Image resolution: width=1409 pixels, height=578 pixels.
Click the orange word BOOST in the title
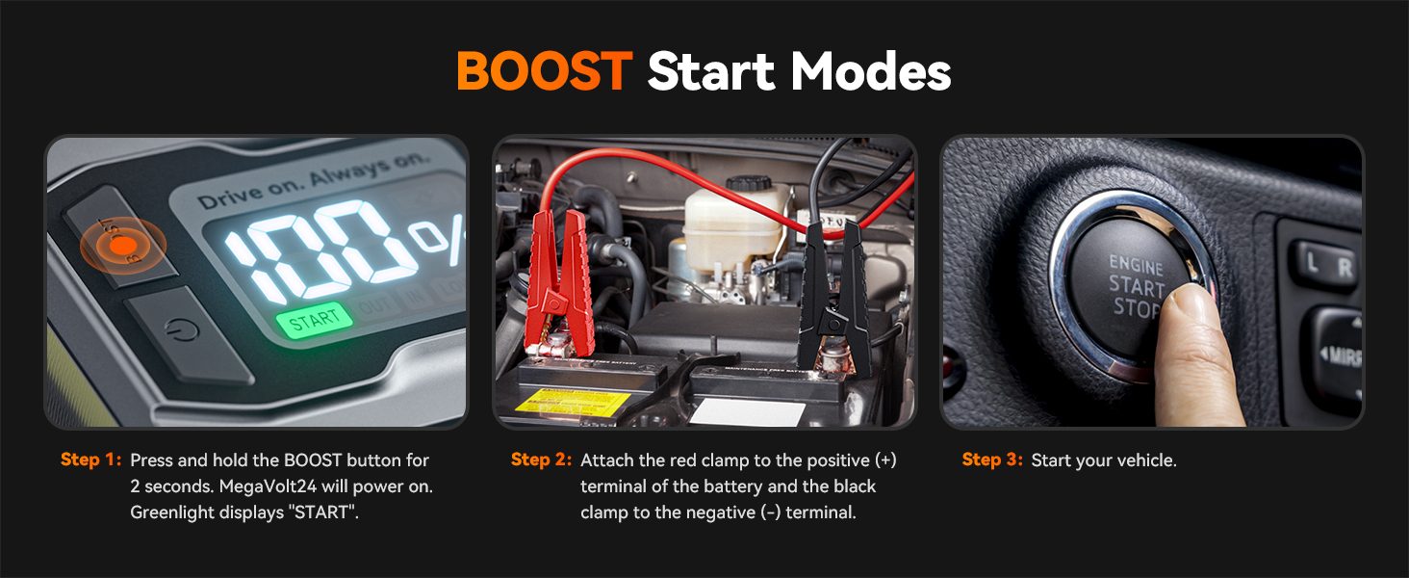click(x=543, y=70)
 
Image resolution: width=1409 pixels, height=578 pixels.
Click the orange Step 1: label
click(x=91, y=460)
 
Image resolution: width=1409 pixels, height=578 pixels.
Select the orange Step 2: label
click(x=542, y=460)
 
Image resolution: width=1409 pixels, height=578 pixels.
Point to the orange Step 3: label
click(x=992, y=460)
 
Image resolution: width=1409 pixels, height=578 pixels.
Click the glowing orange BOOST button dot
click(x=121, y=246)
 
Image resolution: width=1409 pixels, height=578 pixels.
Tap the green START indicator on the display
click(x=314, y=321)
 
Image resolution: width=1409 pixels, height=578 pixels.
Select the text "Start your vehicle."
click(x=1104, y=460)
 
